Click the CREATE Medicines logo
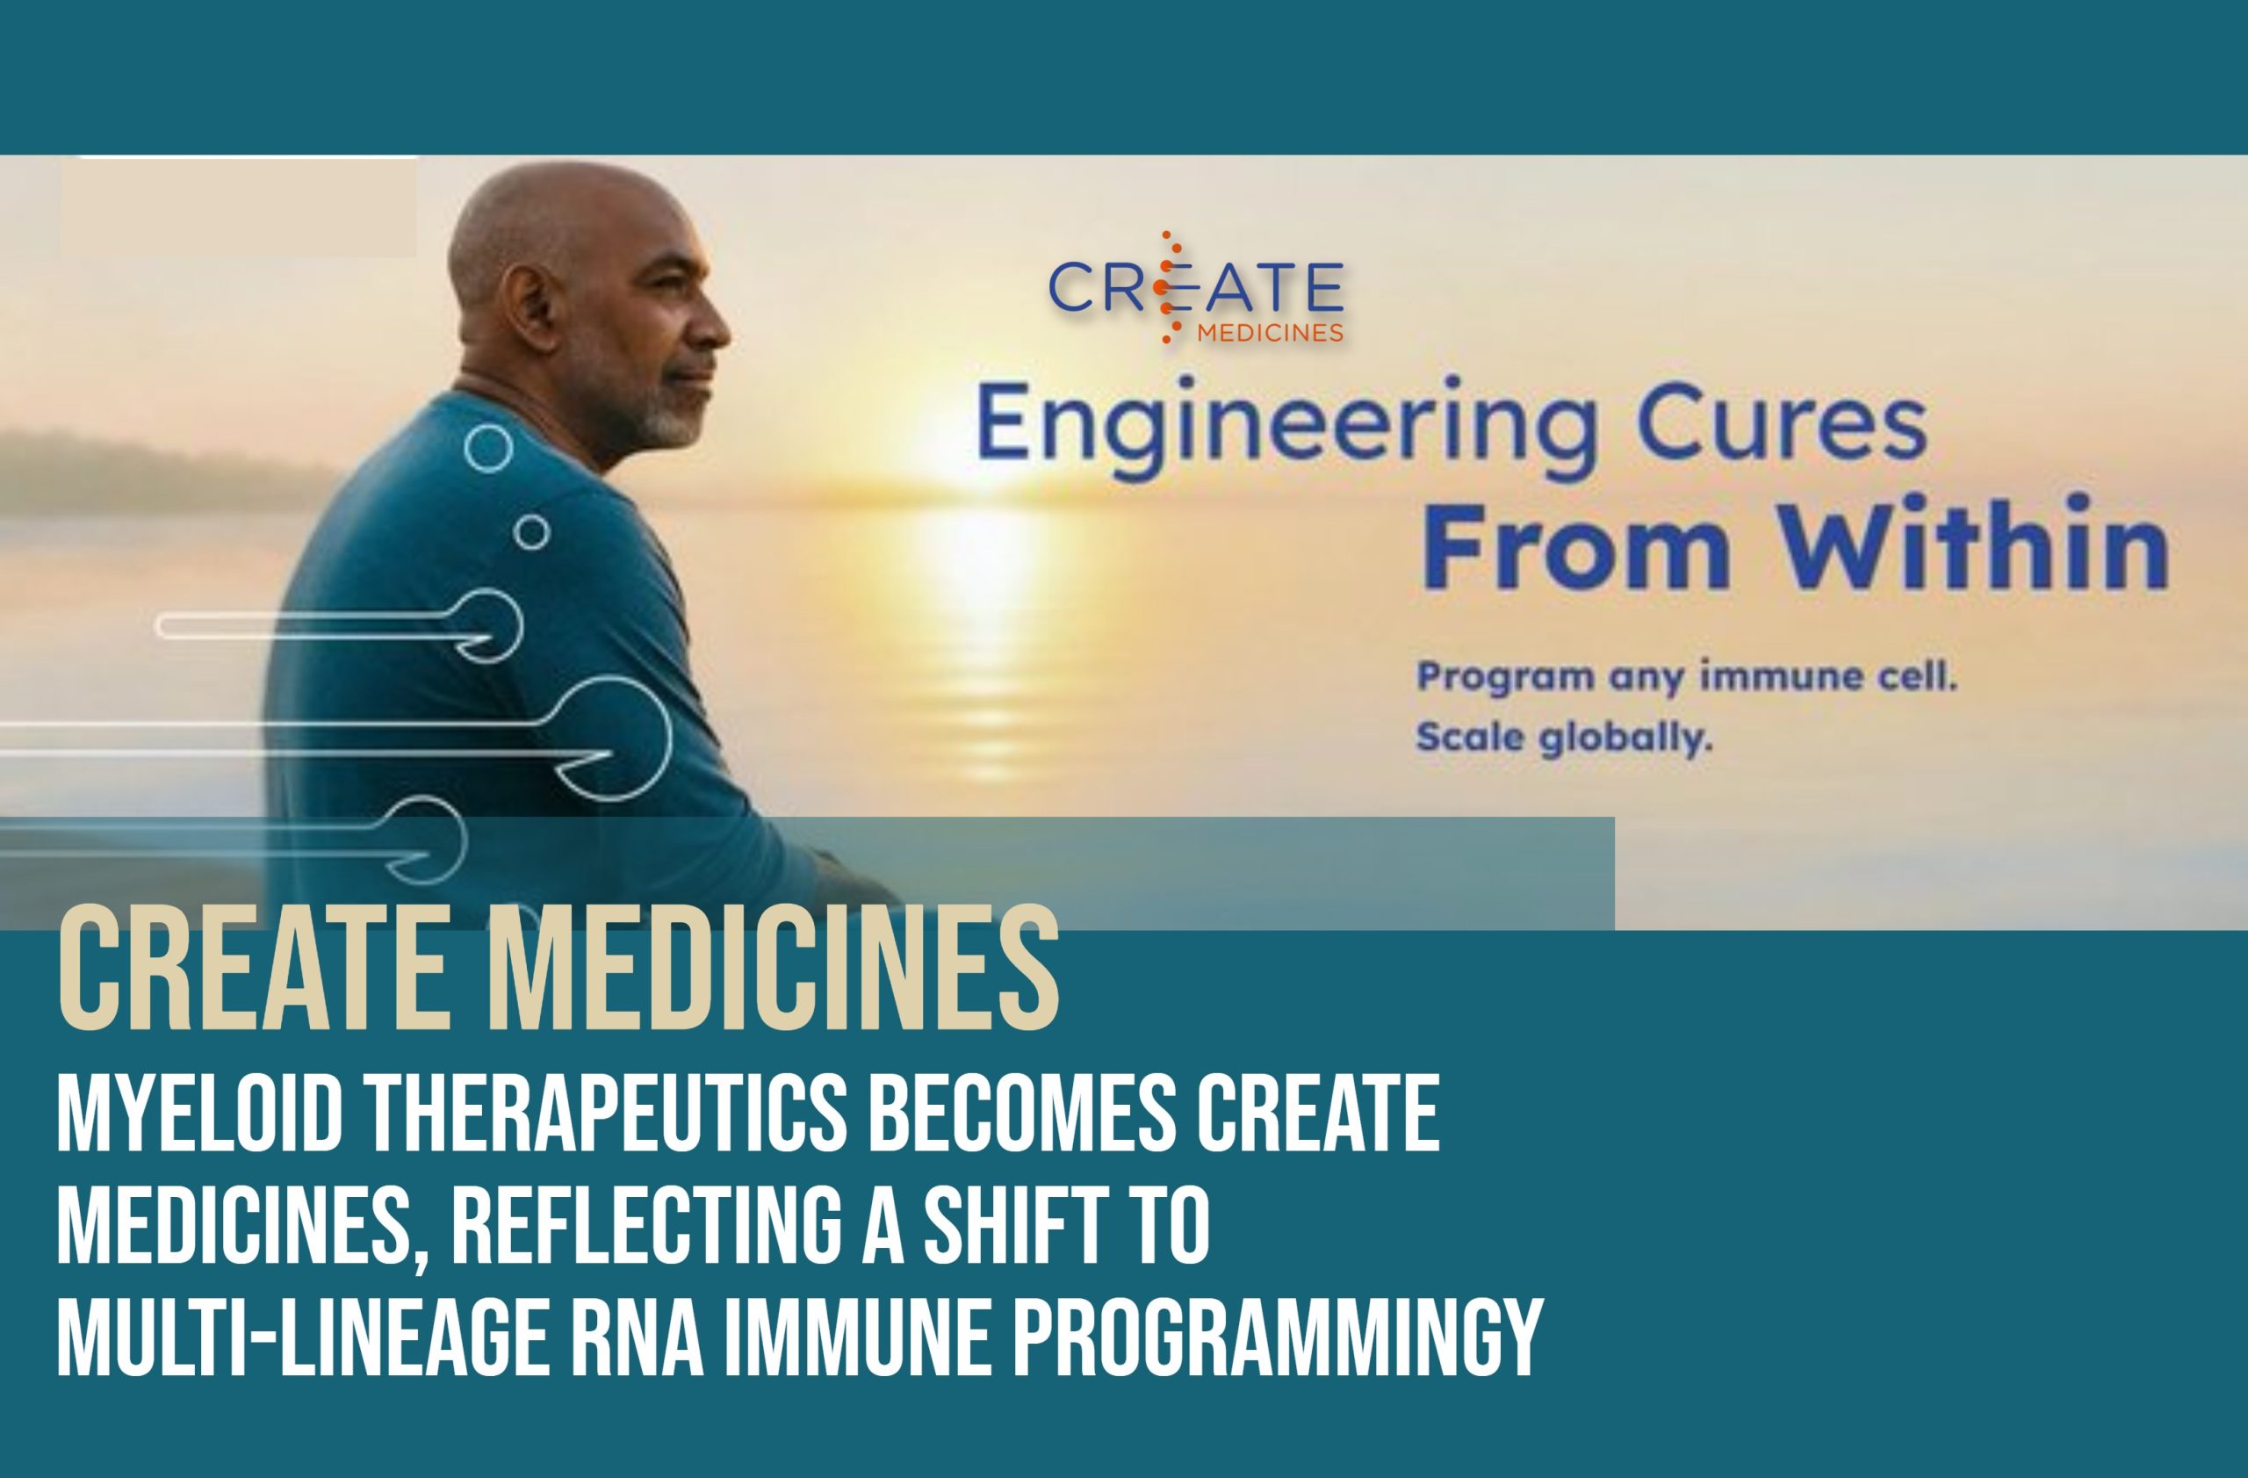(1196, 287)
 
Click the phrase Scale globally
(1564, 738)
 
